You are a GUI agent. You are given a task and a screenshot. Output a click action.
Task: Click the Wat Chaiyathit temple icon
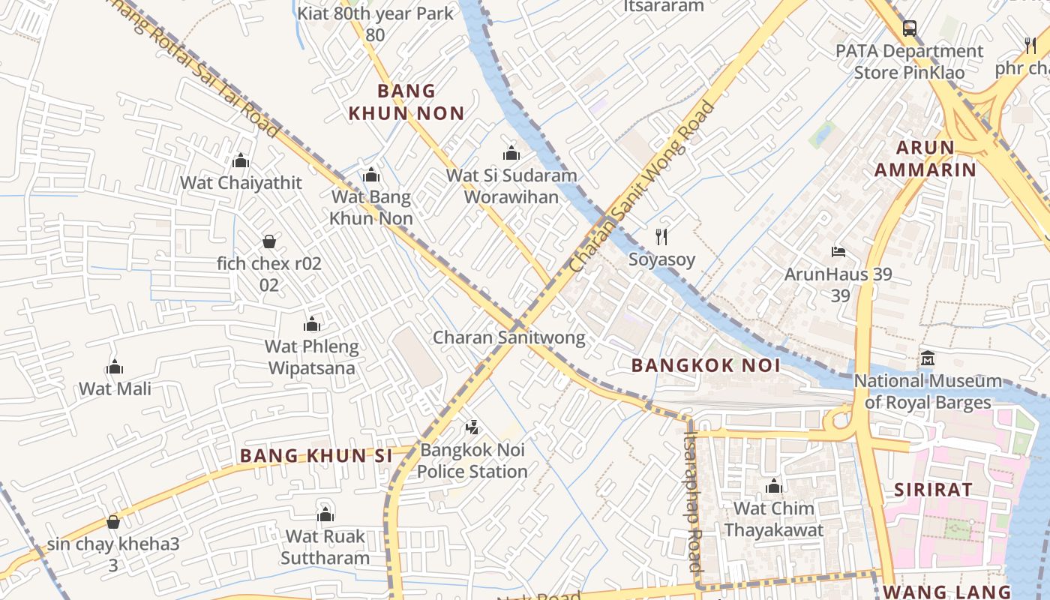click(x=241, y=160)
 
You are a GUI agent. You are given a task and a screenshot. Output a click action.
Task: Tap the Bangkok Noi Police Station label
click(x=472, y=460)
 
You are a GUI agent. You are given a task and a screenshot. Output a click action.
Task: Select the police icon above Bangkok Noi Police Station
click(x=472, y=428)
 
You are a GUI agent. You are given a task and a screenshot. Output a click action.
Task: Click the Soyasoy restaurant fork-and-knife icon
click(x=661, y=237)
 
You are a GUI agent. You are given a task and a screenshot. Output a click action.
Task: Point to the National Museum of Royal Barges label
click(x=928, y=391)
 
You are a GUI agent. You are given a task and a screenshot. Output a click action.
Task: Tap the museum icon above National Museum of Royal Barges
click(x=928, y=358)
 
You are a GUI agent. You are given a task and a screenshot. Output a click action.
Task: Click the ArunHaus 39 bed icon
click(x=838, y=252)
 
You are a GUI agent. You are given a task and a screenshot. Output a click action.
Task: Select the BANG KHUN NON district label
click(x=406, y=102)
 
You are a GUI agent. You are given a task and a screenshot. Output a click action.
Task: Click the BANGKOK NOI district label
click(x=706, y=365)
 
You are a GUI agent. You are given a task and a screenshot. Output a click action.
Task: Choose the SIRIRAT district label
click(x=933, y=490)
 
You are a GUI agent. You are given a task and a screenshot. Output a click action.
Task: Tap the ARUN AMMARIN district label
click(x=925, y=158)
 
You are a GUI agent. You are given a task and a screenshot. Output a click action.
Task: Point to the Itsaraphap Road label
click(x=694, y=500)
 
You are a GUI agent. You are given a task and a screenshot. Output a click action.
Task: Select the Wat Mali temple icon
click(x=115, y=367)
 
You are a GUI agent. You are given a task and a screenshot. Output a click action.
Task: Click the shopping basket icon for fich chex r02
click(x=269, y=241)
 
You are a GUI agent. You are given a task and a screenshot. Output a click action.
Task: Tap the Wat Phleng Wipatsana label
click(x=312, y=358)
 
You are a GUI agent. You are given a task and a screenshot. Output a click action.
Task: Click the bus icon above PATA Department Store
click(x=909, y=29)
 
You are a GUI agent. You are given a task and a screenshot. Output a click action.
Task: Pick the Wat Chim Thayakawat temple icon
click(x=774, y=486)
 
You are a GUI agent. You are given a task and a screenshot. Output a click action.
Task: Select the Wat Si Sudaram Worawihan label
click(x=511, y=186)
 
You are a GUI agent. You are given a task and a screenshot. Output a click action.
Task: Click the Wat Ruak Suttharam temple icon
click(x=325, y=514)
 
